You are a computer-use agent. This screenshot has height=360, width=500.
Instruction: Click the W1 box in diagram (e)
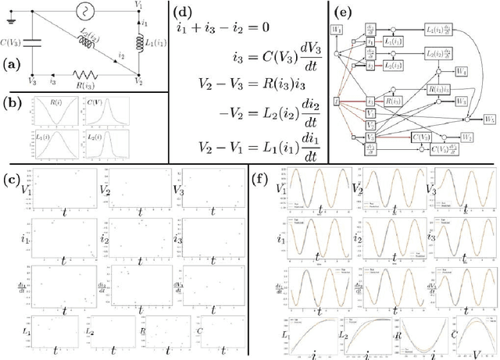(x=337, y=30)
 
